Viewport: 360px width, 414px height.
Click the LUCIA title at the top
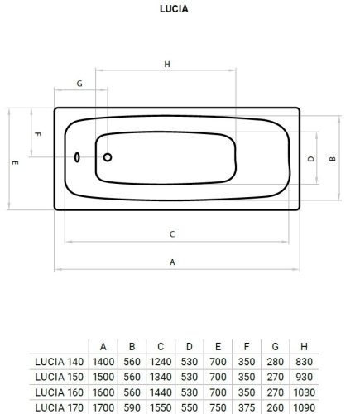(174, 9)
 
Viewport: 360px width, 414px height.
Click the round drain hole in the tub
(108, 157)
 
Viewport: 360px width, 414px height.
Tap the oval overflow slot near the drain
(77, 157)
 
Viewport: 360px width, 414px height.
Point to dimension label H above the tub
(167, 64)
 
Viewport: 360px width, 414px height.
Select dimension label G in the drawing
(79, 84)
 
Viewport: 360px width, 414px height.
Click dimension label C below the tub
(172, 234)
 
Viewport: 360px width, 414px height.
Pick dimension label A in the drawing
(172, 262)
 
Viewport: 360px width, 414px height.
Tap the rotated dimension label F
(38, 134)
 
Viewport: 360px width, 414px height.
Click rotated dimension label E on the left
(16, 162)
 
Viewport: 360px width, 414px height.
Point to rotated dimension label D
(311, 159)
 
